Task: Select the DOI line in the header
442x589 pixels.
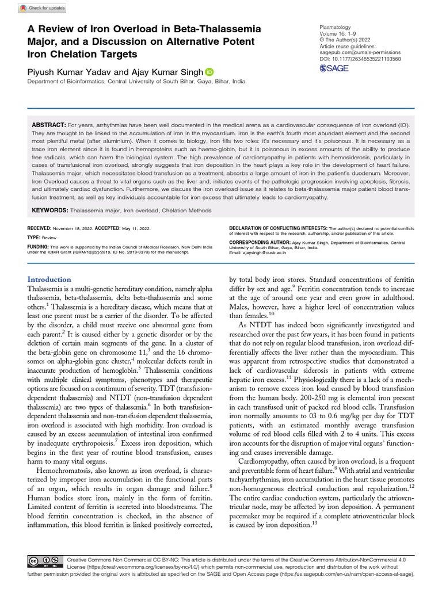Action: pyautogui.click(x=360, y=59)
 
